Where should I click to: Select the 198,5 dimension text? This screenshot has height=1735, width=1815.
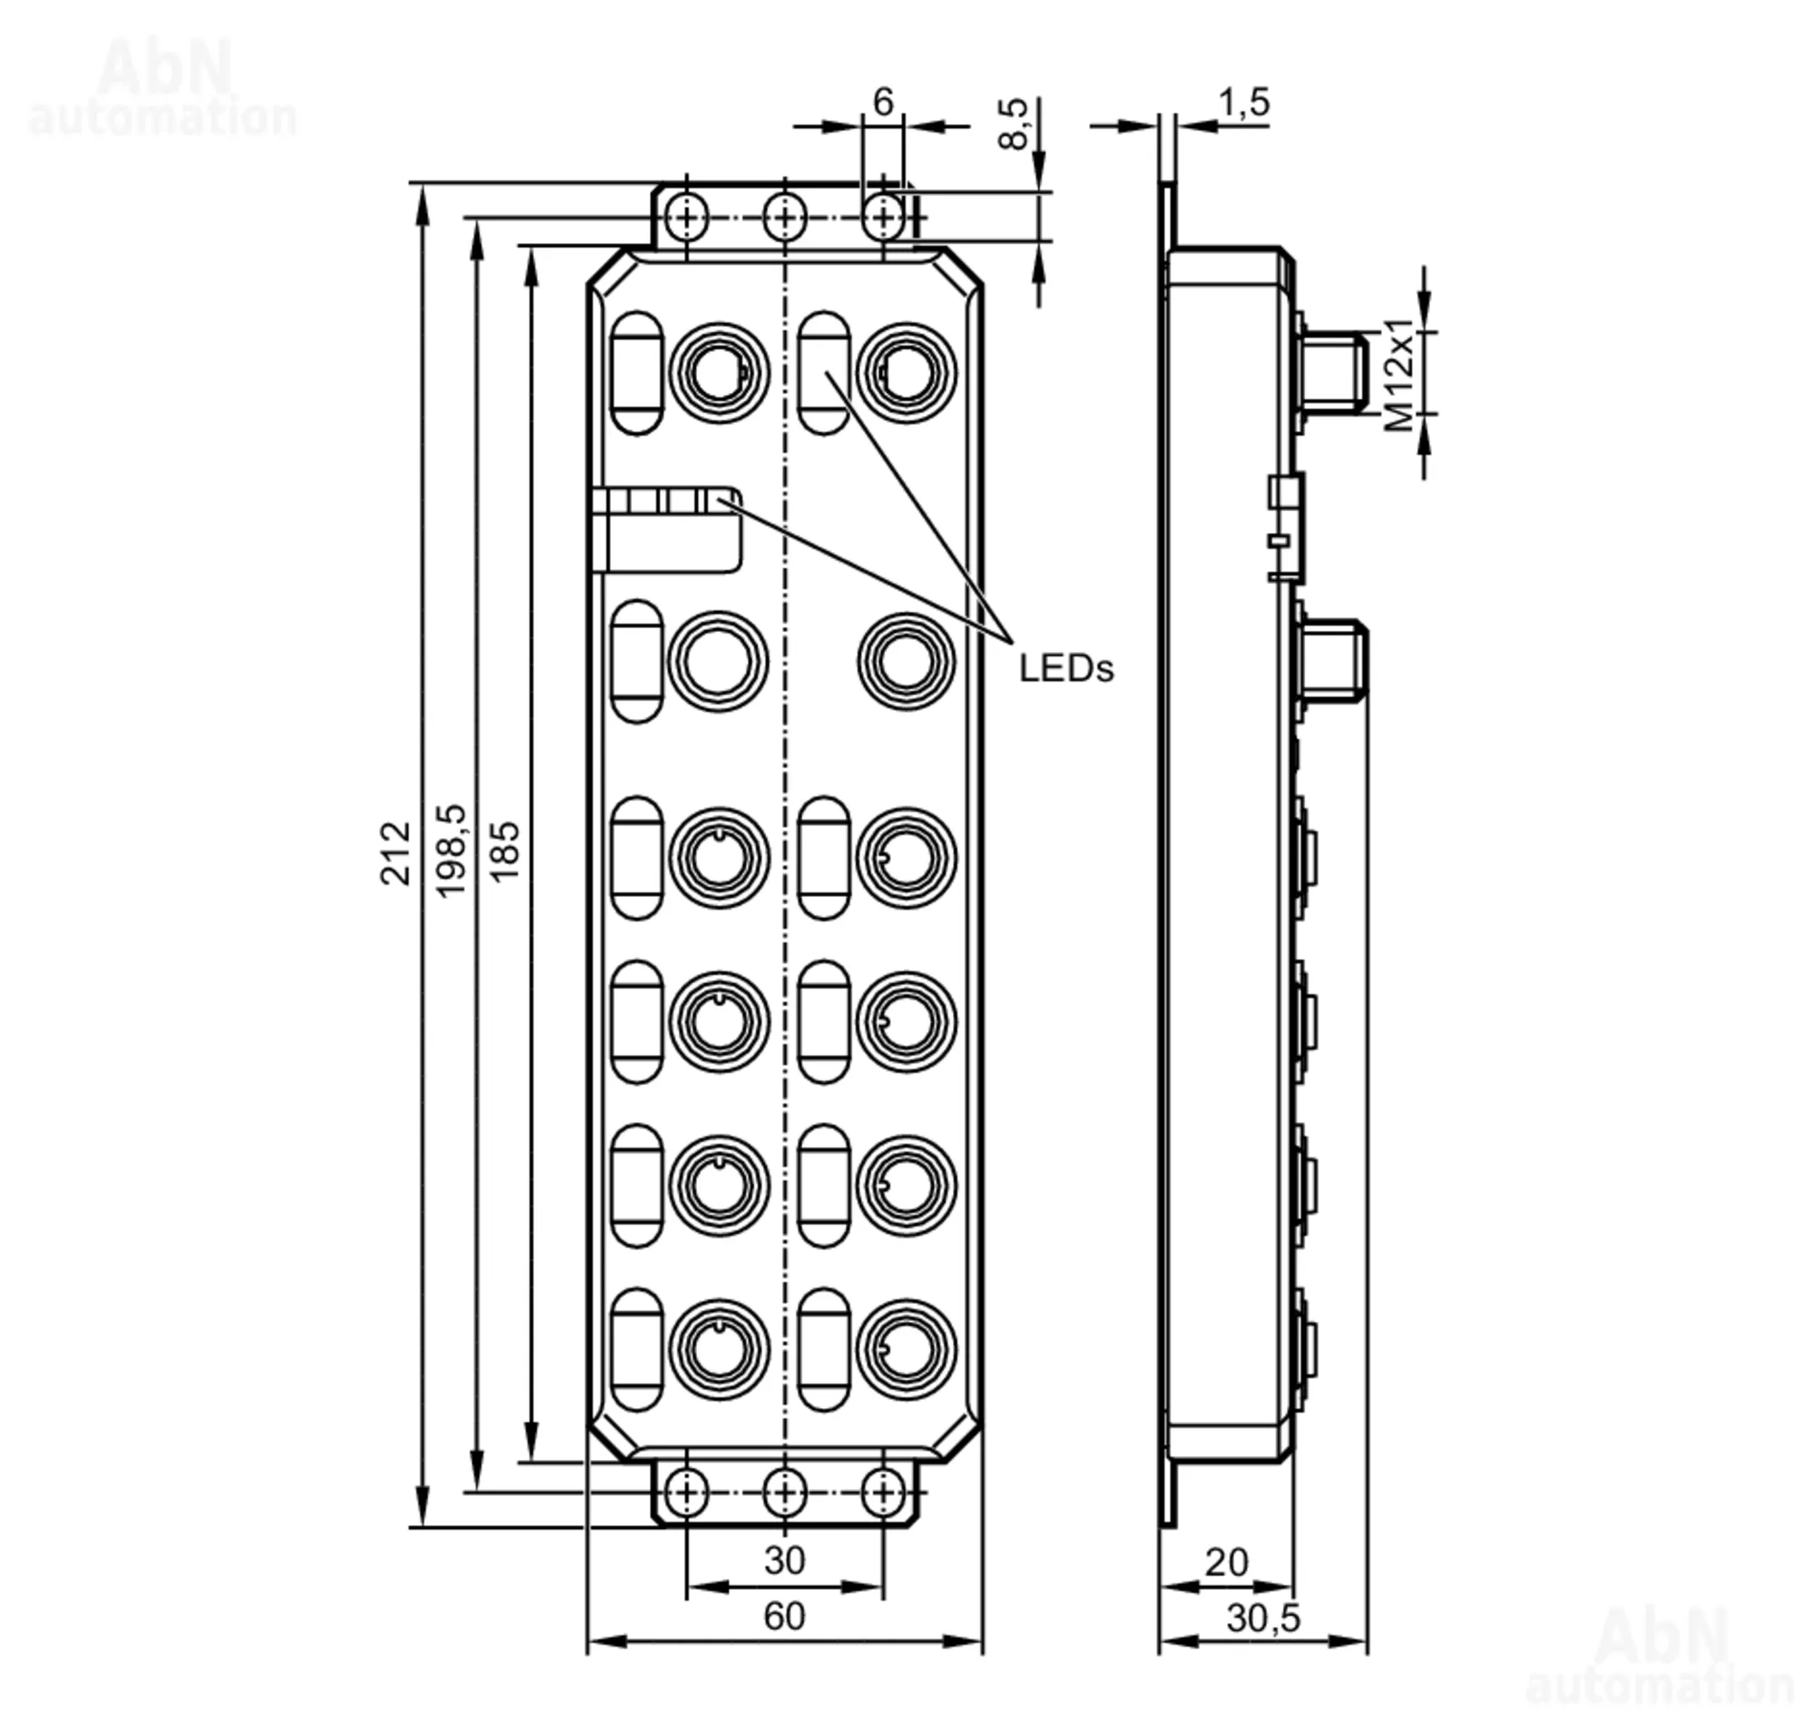(x=451, y=851)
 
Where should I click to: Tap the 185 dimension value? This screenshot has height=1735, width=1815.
(x=504, y=852)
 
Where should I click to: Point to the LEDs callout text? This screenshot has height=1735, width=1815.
(x=1066, y=667)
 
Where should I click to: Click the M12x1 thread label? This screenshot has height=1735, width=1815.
(x=1400, y=376)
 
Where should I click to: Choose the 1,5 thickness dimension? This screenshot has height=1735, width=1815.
(x=1243, y=103)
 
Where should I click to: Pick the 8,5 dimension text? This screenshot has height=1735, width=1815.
(x=1015, y=123)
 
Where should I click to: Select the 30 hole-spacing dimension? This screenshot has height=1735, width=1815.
(x=784, y=1560)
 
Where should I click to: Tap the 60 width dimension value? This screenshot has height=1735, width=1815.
(x=784, y=1616)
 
